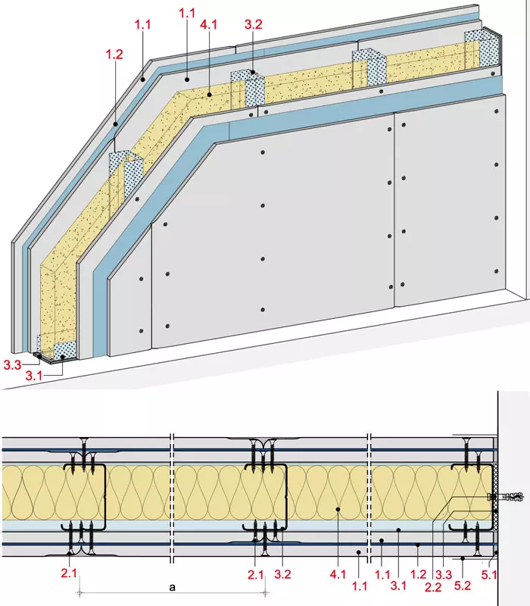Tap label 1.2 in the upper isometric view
coord(114,55)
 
